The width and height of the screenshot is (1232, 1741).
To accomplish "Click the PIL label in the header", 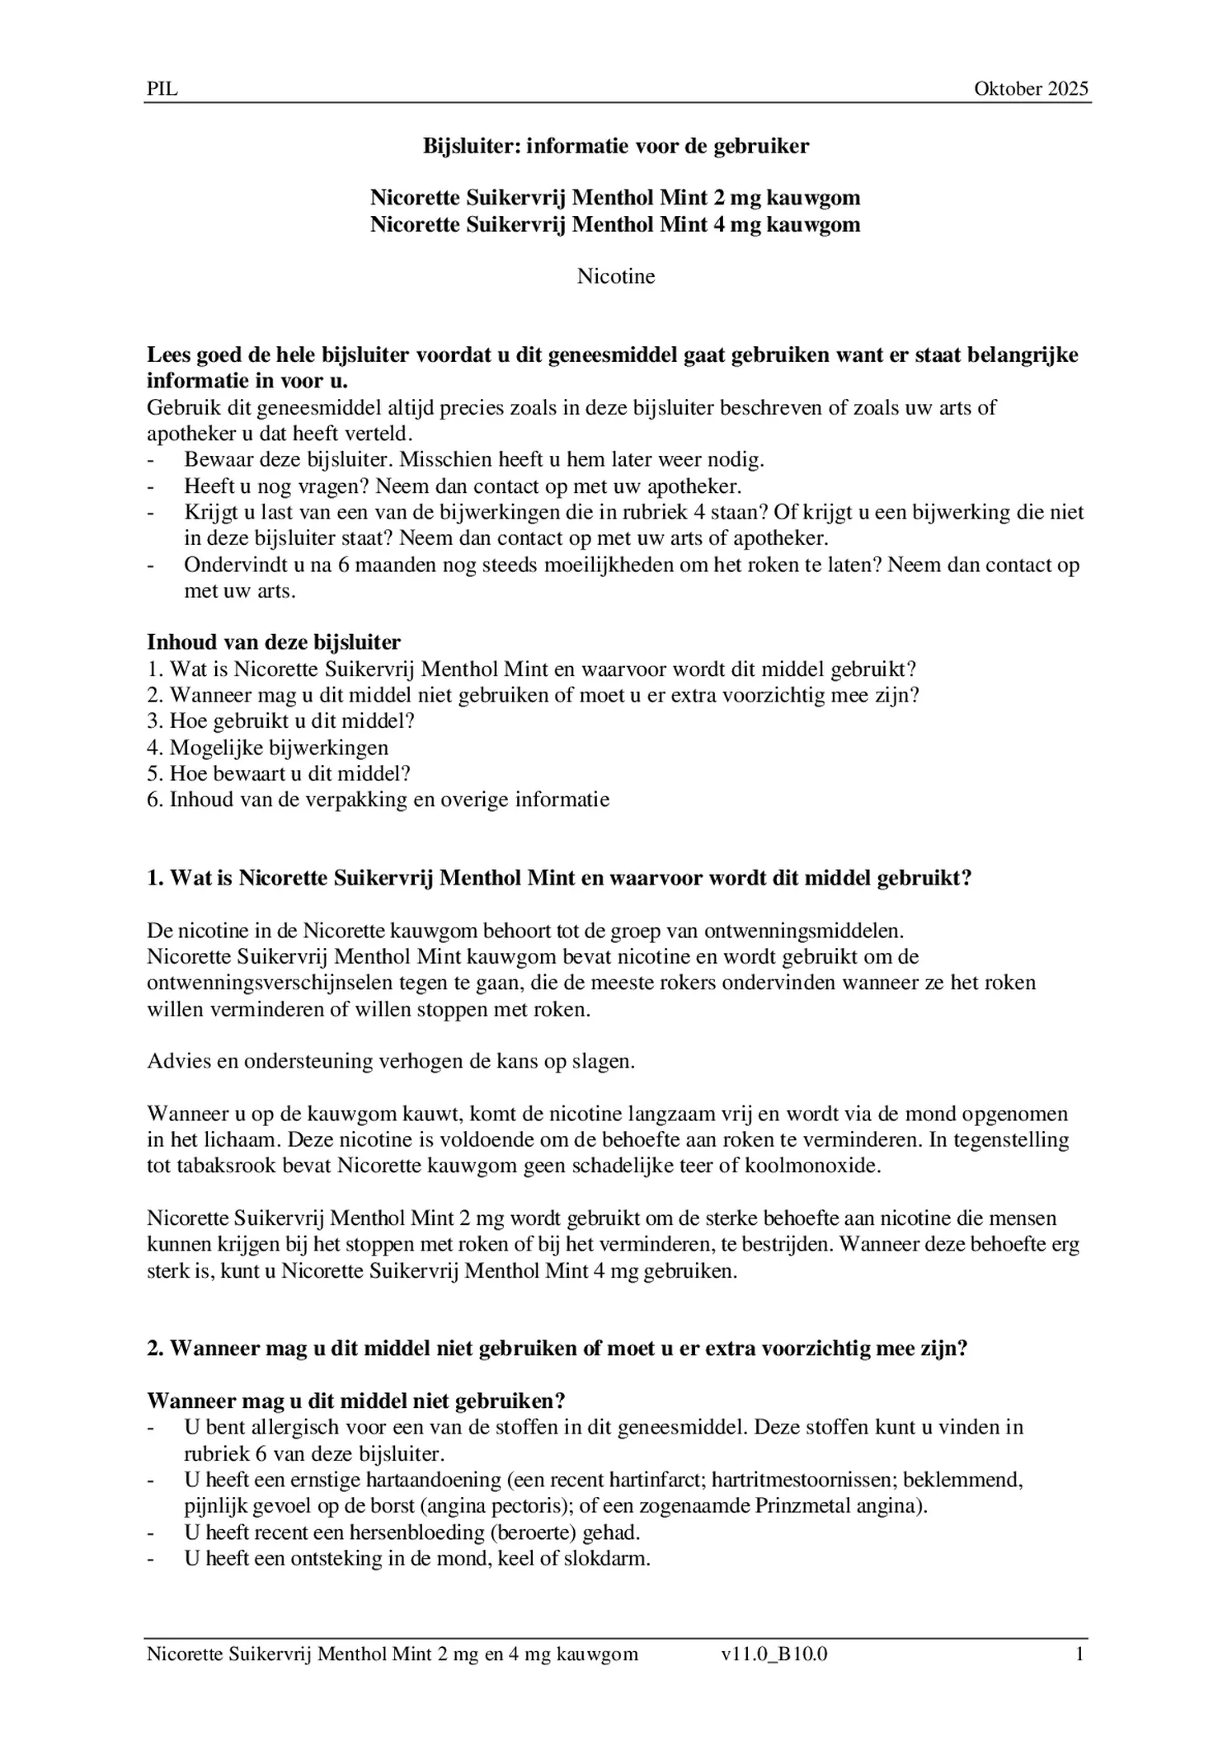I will [162, 89].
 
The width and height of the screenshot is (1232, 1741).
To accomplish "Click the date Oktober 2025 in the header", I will [1031, 89].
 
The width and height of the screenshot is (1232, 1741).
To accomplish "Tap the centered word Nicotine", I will [615, 276].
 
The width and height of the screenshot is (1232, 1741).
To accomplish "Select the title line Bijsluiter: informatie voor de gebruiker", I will [615, 147].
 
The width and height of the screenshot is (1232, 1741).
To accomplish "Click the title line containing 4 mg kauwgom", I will [615, 224].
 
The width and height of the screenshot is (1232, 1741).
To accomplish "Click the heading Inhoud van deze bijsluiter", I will [274, 642].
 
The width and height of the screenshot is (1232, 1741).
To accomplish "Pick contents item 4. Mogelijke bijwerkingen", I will [267, 748].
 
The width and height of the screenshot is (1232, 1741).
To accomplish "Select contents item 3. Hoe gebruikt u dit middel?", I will [280, 721].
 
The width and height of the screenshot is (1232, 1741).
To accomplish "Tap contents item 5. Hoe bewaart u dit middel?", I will [279, 774].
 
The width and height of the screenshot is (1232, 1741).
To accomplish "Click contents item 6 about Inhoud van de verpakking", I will [378, 800].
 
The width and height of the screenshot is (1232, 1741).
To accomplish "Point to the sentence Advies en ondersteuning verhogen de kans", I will [391, 1061].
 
